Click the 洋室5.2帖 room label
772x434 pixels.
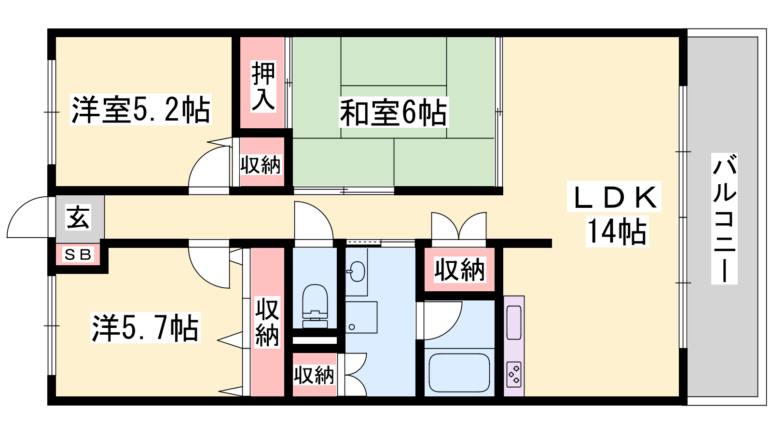pos(140,109)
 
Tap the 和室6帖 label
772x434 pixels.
pos(394,112)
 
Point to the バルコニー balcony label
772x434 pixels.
pos(724,218)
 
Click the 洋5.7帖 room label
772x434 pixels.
pos(145,327)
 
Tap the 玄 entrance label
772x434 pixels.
pos(78,217)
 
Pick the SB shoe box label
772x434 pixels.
pos(78,255)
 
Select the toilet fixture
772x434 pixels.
pos(315,306)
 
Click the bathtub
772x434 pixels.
pos(459,373)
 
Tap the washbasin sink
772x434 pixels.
pos(357,271)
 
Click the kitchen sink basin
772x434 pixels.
pos(514,322)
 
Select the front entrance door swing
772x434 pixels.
pos(28,217)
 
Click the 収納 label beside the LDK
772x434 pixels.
pos(459,270)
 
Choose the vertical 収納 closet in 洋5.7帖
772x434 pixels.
pos(267,323)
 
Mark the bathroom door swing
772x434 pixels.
pos(439,320)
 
